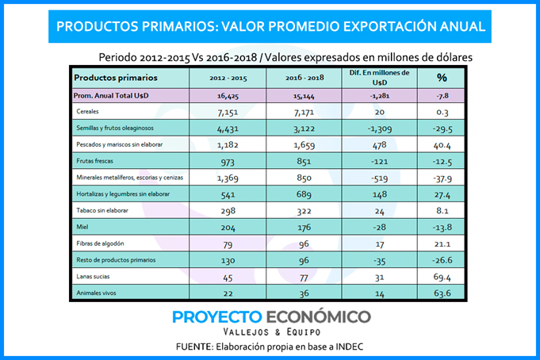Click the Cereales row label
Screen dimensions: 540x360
(87, 111)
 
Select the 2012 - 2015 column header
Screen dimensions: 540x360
(228, 79)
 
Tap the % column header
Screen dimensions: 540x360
(442, 78)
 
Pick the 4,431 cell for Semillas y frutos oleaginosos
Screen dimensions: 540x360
(228, 128)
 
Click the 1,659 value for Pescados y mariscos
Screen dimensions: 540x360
(304, 145)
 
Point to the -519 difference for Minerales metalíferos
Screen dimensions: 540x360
(380, 178)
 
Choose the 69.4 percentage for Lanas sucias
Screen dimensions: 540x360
(442, 278)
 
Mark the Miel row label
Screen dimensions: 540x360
(82, 227)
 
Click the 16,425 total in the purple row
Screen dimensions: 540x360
(228, 96)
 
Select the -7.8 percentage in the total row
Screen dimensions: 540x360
(442, 96)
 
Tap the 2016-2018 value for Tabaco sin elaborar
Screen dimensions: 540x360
(304, 211)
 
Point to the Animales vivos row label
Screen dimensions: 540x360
(96, 293)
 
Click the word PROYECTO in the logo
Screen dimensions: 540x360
(217, 317)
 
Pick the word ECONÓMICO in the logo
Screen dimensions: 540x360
(319, 316)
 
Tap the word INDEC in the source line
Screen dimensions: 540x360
(350, 347)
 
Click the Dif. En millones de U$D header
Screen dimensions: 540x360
(380, 78)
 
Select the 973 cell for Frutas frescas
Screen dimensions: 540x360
(228, 162)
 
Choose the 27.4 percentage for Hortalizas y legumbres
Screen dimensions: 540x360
(442, 195)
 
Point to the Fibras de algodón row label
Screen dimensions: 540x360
(100, 243)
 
